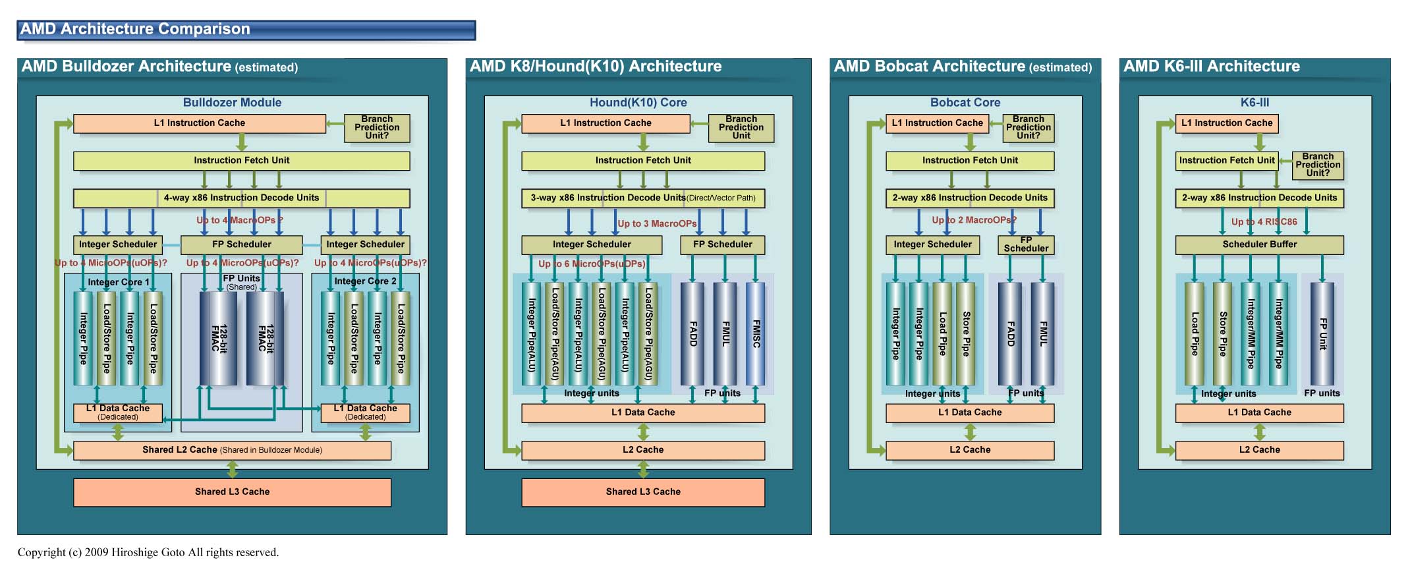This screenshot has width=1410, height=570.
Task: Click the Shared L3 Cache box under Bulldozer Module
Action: point(232,492)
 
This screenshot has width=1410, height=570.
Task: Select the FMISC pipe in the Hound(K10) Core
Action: point(756,333)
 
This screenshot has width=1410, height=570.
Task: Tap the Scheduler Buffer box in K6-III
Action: point(1259,244)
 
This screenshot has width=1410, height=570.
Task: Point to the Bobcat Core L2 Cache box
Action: point(970,450)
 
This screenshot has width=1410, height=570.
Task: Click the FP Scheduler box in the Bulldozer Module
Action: point(241,244)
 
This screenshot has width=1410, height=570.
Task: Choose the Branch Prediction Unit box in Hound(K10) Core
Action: point(741,128)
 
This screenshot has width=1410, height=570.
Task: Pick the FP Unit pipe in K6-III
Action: point(1322,333)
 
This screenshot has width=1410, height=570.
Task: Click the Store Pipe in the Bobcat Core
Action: point(965,333)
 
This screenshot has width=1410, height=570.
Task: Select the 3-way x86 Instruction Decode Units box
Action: point(642,198)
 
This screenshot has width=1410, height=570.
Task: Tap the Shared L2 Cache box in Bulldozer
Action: point(232,450)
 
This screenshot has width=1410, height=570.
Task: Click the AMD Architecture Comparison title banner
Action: point(246,30)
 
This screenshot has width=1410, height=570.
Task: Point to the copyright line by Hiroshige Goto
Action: point(148,552)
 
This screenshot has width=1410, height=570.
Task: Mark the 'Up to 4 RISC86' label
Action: point(1264,222)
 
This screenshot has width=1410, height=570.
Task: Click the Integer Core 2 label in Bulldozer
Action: point(365,281)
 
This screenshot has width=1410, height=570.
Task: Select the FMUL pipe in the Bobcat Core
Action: point(1042,333)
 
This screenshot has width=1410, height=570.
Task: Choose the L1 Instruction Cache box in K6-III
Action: point(1226,123)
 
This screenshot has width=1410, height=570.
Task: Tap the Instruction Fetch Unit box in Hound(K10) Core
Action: point(642,161)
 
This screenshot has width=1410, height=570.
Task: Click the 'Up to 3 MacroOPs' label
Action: point(657,224)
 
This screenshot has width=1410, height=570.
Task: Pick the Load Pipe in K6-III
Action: point(1194,333)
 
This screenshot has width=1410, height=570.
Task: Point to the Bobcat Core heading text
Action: point(965,103)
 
